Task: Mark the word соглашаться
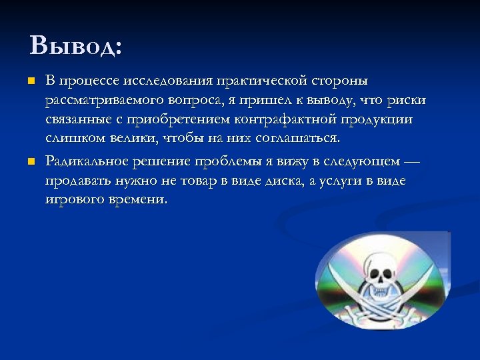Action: (x=302, y=139)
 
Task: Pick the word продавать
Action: (x=78, y=181)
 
